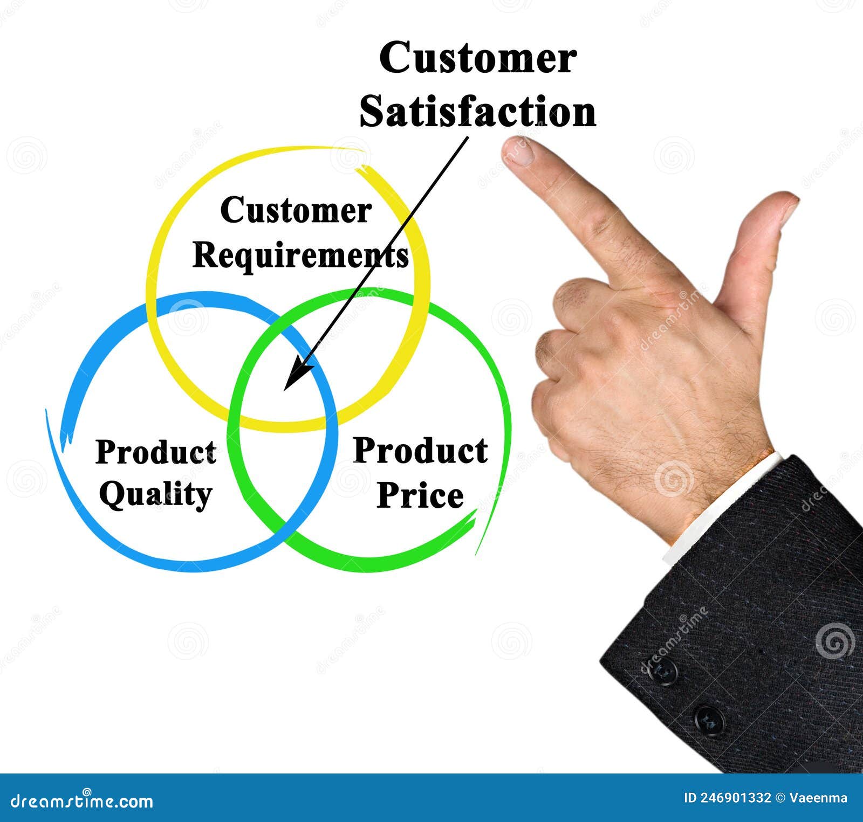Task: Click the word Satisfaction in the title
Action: coord(478,112)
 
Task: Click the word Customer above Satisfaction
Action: coord(478,58)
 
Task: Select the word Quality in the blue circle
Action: coord(155,494)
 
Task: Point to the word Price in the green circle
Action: coord(420,495)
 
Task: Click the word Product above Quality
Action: coord(156,452)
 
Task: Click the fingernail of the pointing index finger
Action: coord(516,151)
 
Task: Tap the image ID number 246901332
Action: coord(736,798)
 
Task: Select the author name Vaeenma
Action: coord(818,798)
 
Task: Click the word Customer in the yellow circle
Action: coord(296,210)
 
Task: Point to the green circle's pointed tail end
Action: coord(476,554)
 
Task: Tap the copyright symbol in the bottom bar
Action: coord(780,798)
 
